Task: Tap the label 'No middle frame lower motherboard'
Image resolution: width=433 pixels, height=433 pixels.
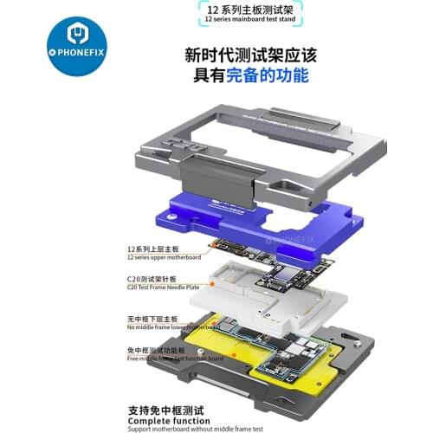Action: (x=170, y=327)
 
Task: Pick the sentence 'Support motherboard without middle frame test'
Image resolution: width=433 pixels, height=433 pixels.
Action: (x=198, y=428)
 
